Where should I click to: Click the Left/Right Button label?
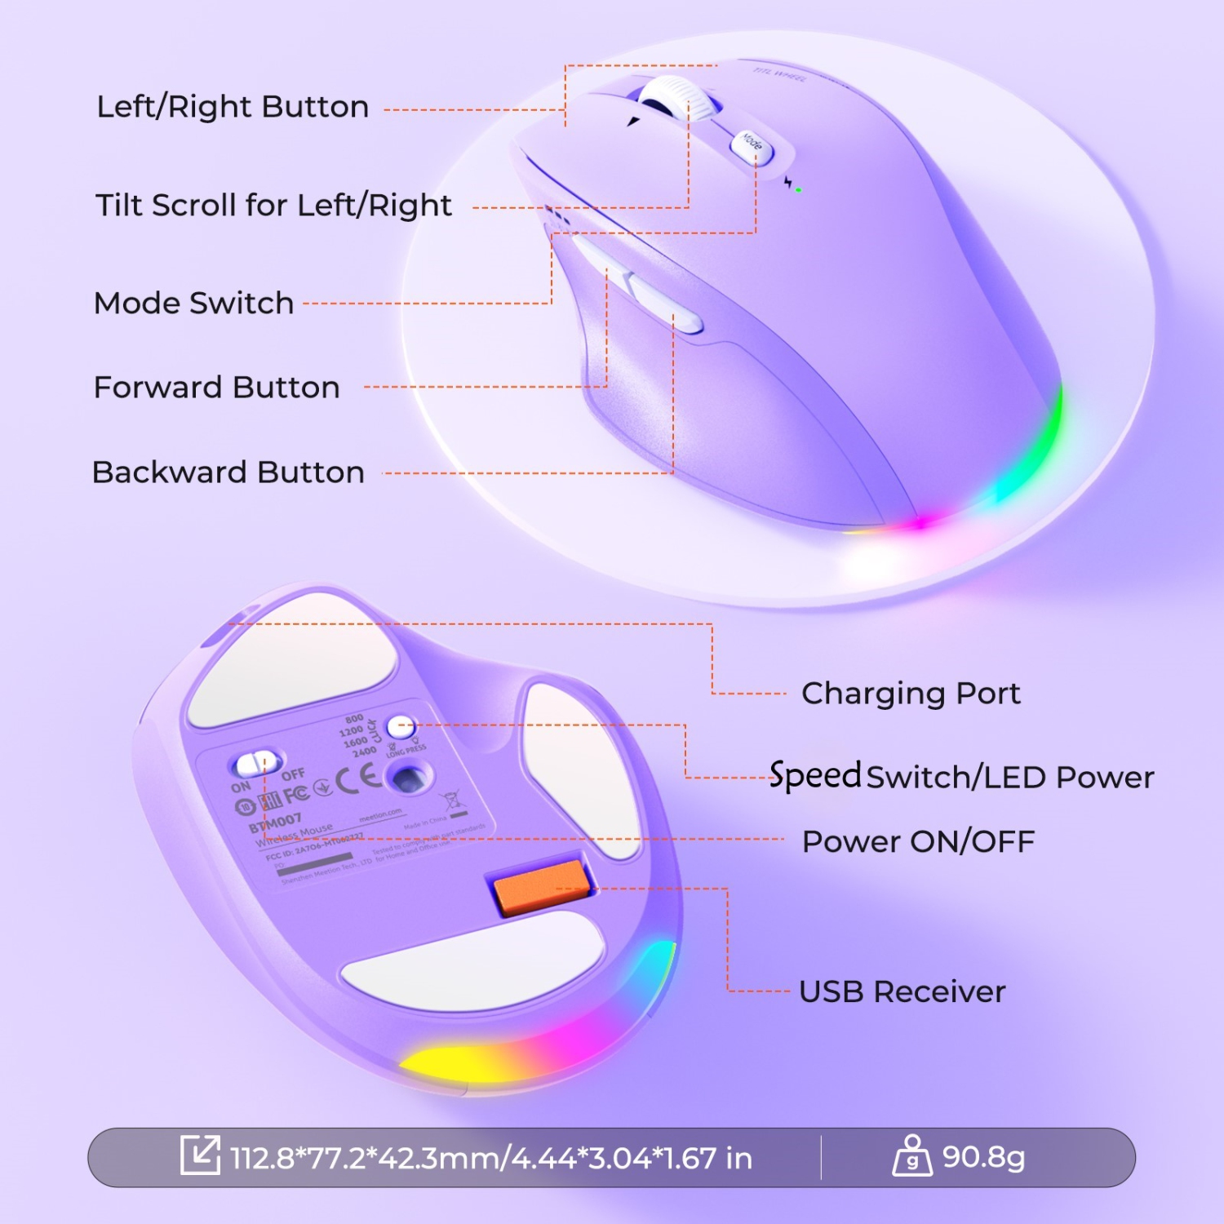[x=233, y=107]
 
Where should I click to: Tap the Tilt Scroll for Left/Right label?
[x=273, y=206]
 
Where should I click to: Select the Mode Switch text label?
[x=194, y=304]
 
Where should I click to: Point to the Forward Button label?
[x=217, y=388]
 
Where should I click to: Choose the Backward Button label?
[x=228, y=472]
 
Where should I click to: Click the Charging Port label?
[x=911, y=694]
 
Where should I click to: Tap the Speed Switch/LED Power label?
[x=961, y=776]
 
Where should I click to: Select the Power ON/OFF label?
[x=918, y=841]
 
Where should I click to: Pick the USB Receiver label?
[x=902, y=992]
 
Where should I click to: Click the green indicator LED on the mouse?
[x=798, y=190]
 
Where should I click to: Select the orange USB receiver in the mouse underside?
[x=541, y=886]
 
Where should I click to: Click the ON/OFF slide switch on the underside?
[x=256, y=765]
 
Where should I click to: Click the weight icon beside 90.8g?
[x=912, y=1156]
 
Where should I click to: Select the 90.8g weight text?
[x=983, y=1157]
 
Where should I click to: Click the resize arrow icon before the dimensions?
[x=200, y=1155]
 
